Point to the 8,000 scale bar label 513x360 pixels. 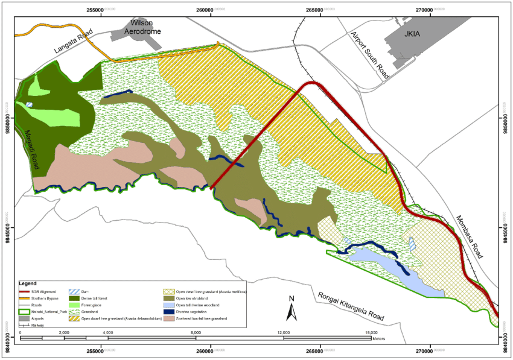coord(196,332)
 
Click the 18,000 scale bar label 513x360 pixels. coord(371,332)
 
